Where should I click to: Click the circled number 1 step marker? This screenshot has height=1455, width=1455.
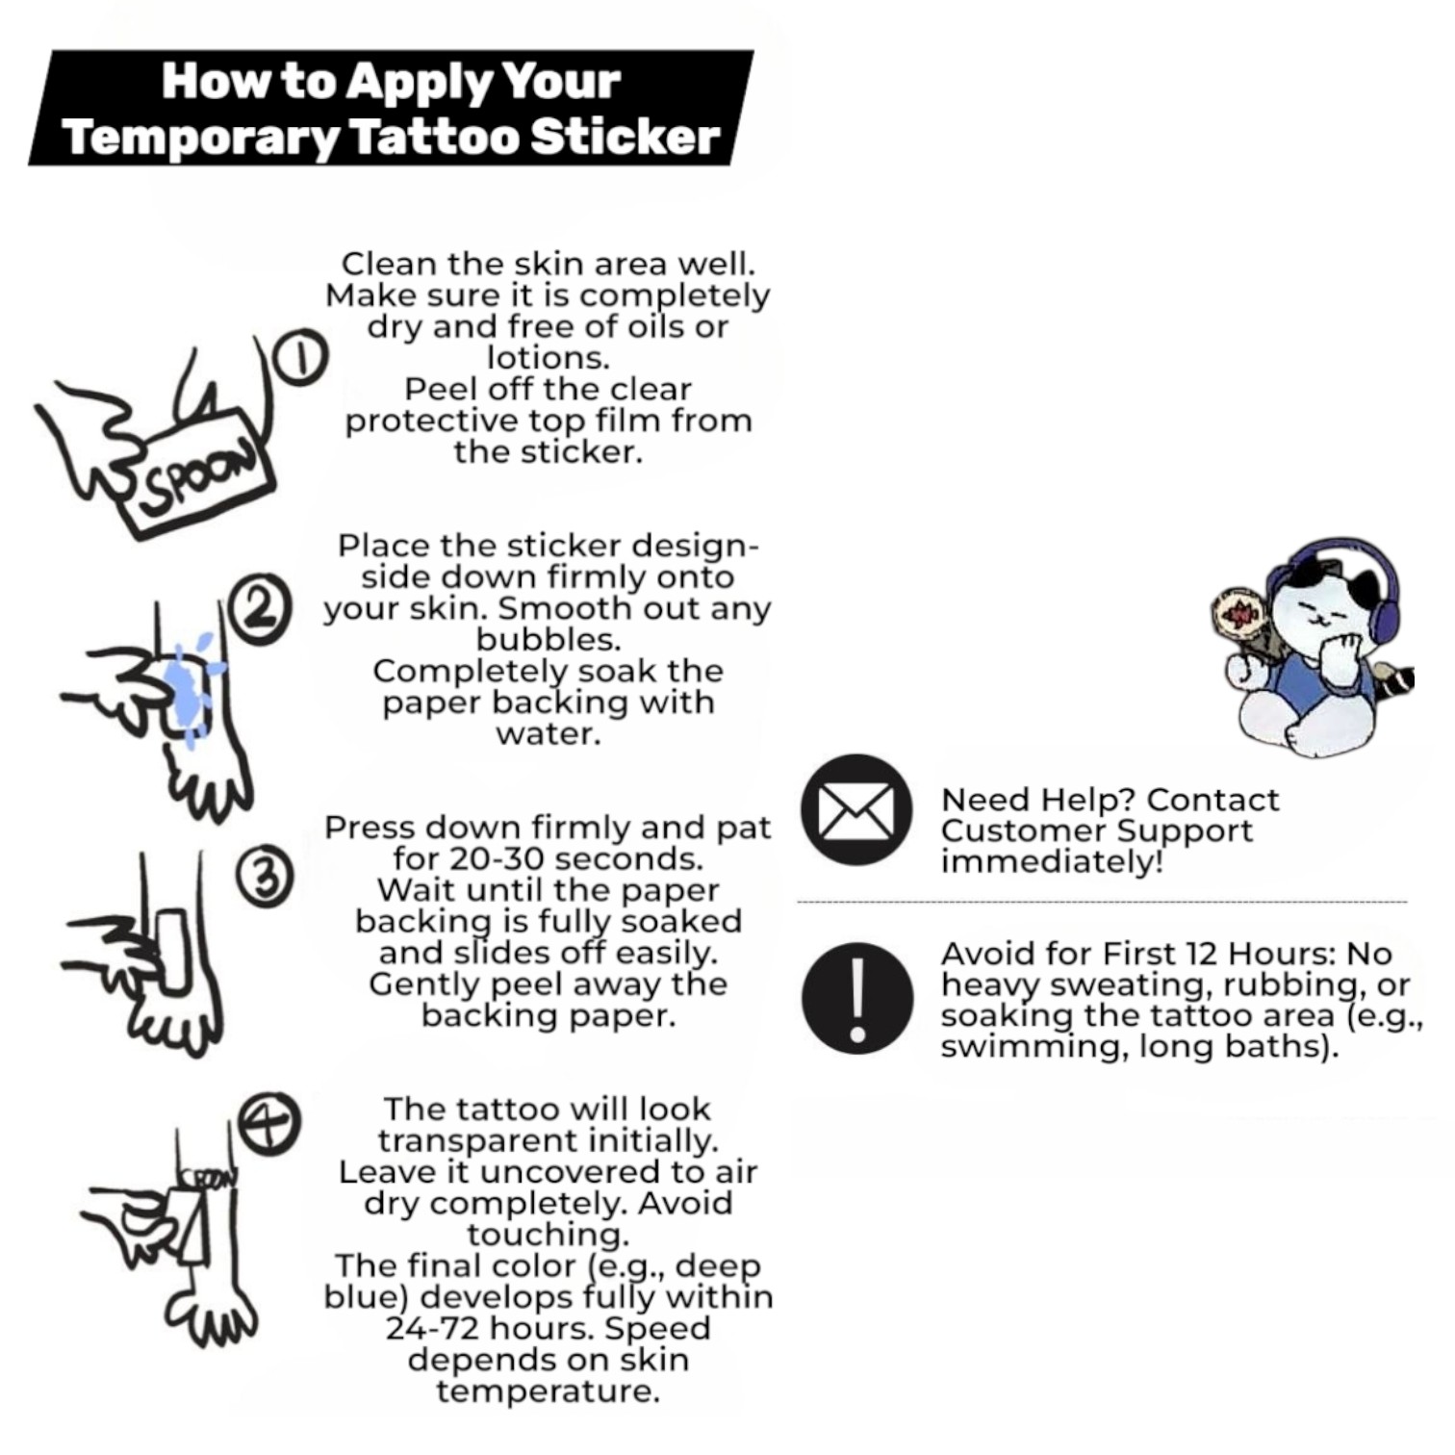click(301, 360)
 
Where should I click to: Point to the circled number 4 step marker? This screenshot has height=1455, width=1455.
click(269, 1122)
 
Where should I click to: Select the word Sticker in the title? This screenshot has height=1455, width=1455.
click(625, 137)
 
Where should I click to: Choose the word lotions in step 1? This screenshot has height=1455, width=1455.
click(548, 358)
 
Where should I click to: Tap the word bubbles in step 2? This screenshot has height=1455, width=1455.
click(548, 640)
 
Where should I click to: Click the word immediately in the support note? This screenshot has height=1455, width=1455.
click(1052, 861)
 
